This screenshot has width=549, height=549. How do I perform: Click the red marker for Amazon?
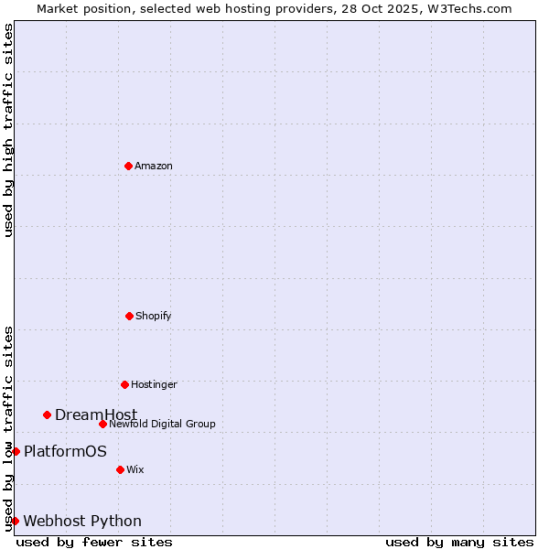pyautogui.click(x=128, y=166)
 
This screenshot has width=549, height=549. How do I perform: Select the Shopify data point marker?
pyautogui.click(x=129, y=316)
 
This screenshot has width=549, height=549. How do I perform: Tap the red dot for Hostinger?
pyautogui.click(x=124, y=384)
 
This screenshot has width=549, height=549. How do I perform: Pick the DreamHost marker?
pyautogui.click(x=47, y=414)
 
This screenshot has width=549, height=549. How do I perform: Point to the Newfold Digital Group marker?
pyautogui.click(x=102, y=424)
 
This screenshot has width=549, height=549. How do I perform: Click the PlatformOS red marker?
pyautogui.click(x=16, y=451)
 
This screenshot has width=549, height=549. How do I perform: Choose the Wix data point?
pyautogui.click(x=120, y=469)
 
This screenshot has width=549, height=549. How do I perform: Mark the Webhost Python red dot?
pyautogui.click(x=15, y=521)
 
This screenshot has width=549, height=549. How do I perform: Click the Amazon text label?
pyautogui.click(x=154, y=166)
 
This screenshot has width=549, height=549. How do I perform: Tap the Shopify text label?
pyautogui.click(x=154, y=316)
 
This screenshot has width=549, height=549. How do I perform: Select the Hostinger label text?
pyautogui.click(x=154, y=384)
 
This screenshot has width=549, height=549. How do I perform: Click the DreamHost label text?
pyautogui.click(x=96, y=414)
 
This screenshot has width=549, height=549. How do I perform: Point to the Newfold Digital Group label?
pyautogui.click(x=162, y=424)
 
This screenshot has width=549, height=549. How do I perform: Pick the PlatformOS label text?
pyautogui.click(x=65, y=451)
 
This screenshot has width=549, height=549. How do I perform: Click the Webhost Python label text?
pyautogui.click(x=82, y=521)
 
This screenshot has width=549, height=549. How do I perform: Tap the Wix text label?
pyautogui.click(x=135, y=469)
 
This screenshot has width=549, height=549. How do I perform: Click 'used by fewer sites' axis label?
pyautogui.click(x=94, y=542)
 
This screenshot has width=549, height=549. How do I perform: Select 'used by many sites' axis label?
pyautogui.click(x=459, y=542)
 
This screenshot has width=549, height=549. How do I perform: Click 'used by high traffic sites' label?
pyautogui.click(x=8, y=130)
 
